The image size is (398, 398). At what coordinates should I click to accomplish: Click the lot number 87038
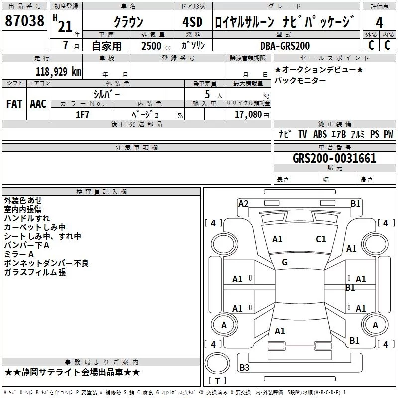coord(24,21)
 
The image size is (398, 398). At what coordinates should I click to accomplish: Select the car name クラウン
coord(129,22)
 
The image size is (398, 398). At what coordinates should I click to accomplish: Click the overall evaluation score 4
coord(380,22)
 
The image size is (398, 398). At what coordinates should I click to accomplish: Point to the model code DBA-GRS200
coord(285,46)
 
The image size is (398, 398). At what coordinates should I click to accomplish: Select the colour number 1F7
coord(82,114)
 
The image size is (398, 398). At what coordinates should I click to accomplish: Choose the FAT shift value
coord(14,104)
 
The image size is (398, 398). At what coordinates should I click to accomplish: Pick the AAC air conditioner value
coord(38,104)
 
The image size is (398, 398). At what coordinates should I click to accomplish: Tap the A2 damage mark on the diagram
coord(243,203)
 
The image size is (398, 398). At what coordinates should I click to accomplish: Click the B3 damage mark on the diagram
coord(245,368)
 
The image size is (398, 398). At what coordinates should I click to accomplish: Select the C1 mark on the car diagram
coord(321,239)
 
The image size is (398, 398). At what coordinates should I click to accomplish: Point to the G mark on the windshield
coord(285,262)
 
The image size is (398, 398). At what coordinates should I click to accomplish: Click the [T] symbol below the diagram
coord(217,381)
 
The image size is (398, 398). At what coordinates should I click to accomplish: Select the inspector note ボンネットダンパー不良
coord(46,263)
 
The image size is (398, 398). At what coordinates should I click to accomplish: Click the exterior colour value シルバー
coord(106,94)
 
